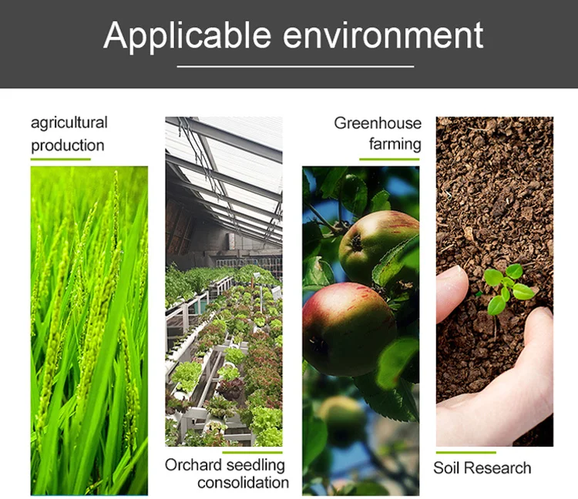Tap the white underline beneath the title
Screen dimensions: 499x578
coord(295,66)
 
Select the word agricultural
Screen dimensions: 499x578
coord(69,123)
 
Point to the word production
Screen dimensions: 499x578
coord(68,146)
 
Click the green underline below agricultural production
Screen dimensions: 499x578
coord(60,159)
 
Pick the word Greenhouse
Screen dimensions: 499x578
coord(378,123)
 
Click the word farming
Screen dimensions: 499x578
coord(395,144)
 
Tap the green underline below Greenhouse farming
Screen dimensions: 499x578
coord(389,159)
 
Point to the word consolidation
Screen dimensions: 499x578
coord(243,483)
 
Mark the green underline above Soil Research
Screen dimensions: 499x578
coord(465,452)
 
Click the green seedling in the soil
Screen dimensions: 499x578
coord(506,286)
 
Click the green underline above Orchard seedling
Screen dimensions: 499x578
coord(252,452)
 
